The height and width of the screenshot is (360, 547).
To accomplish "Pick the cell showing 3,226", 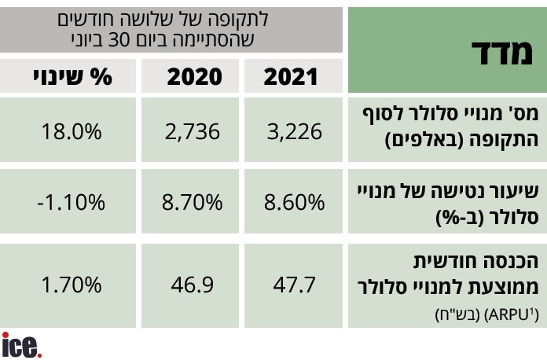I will point(294,131).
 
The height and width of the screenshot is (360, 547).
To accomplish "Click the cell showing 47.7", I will point(294,283).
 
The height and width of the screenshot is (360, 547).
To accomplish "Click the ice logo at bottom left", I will point(21,345).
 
